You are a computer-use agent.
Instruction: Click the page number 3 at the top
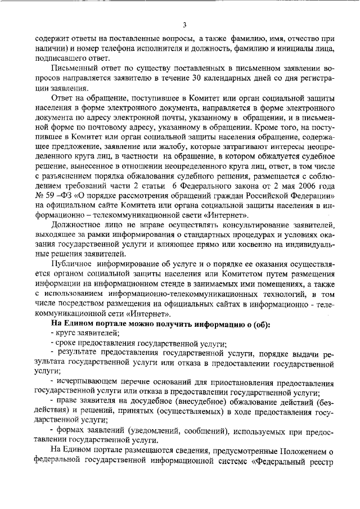[183, 25]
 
